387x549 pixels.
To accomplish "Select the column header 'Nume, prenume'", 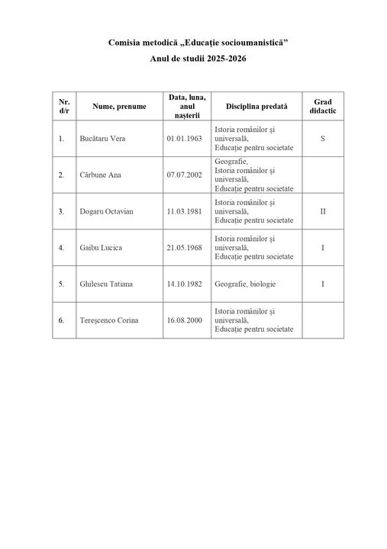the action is pos(118,106).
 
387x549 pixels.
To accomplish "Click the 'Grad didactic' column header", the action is pos(322,106).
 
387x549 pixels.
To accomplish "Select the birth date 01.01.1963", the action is pos(184,139).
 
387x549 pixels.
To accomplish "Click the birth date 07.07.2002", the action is pos(184,175).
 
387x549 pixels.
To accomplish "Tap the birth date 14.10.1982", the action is pos(184,284).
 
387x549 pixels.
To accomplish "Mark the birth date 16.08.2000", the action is pos(184,320).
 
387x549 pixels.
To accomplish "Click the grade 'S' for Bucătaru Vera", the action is pos(322,139).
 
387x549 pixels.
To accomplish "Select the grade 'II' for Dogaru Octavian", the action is pos(322,211).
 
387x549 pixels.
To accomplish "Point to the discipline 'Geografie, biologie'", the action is pos(245,284).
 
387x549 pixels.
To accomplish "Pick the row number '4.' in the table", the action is pos(61,248).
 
